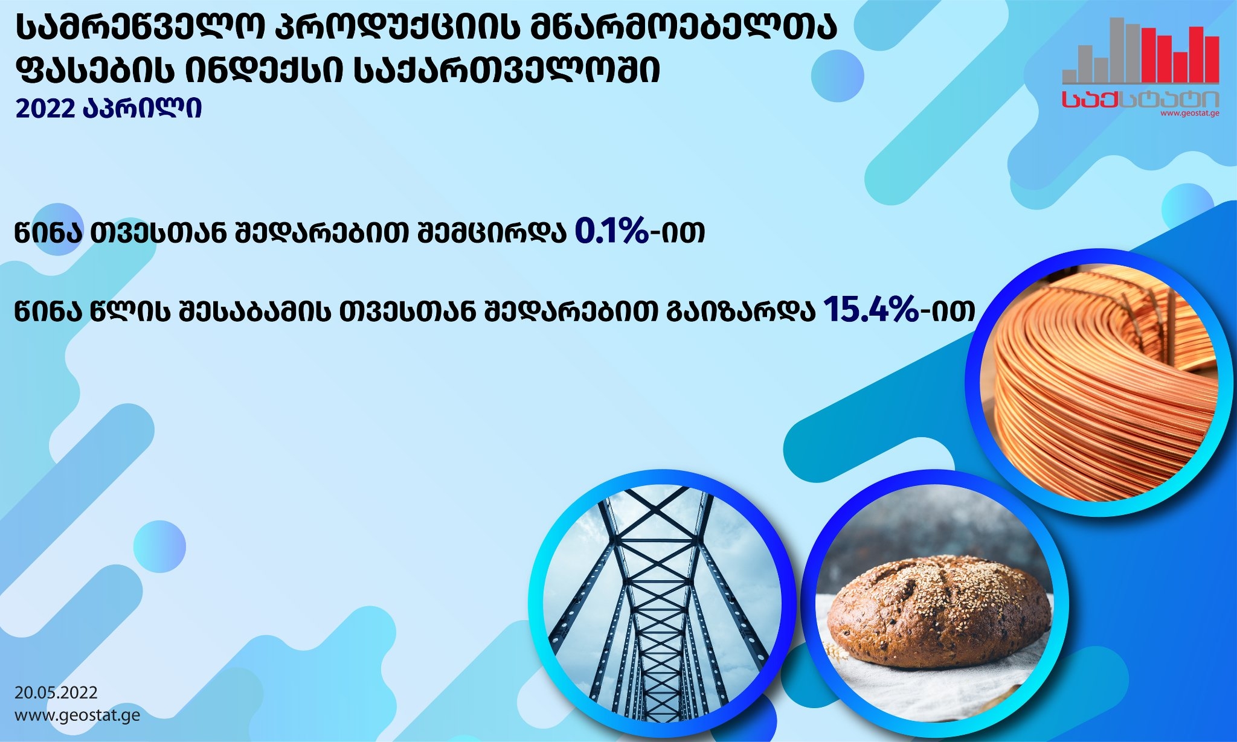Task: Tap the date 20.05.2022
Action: click(x=56, y=692)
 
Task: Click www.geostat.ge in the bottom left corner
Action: click(x=77, y=716)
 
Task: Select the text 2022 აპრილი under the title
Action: click(x=109, y=109)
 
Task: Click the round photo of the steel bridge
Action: click(x=662, y=603)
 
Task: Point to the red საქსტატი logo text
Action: click(x=1140, y=100)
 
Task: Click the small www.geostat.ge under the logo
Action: click(x=1189, y=113)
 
